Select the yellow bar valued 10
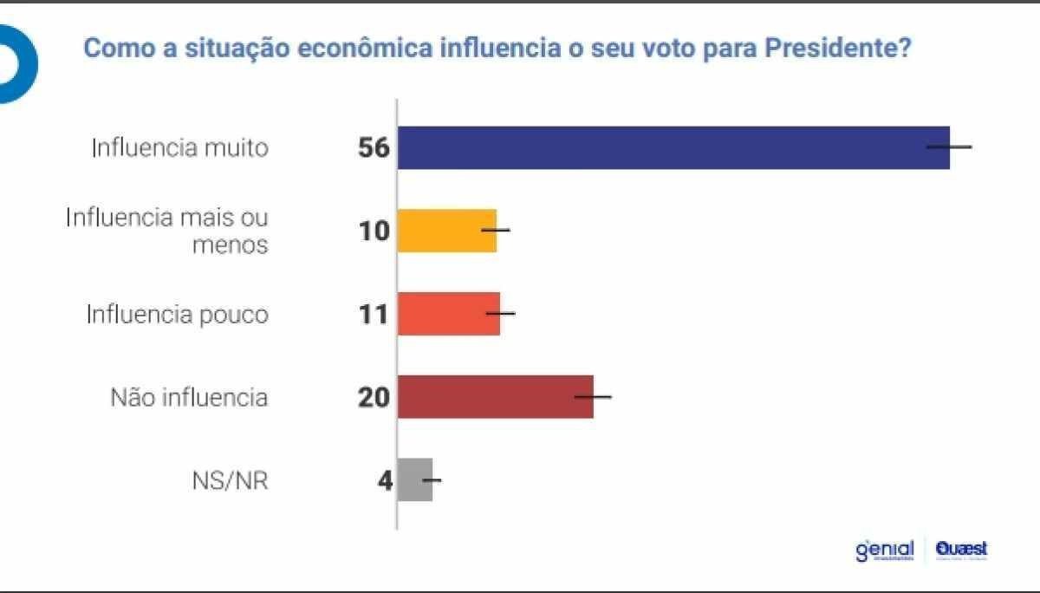[446, 231]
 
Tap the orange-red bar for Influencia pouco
[448, 314]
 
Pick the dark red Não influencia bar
[495, 397]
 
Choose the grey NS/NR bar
[414, 479]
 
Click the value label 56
[374, 148]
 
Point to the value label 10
[374, 231]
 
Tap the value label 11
[374, 314]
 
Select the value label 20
[374, 397]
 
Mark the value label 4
[385, 480]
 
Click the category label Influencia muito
[180, 148]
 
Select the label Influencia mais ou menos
[167, 231]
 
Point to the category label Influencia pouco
[177, 314]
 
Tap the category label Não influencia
[189, 398]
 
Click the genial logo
[884, 551]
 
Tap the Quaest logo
[961, 550]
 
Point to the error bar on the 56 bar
[949, 147]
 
